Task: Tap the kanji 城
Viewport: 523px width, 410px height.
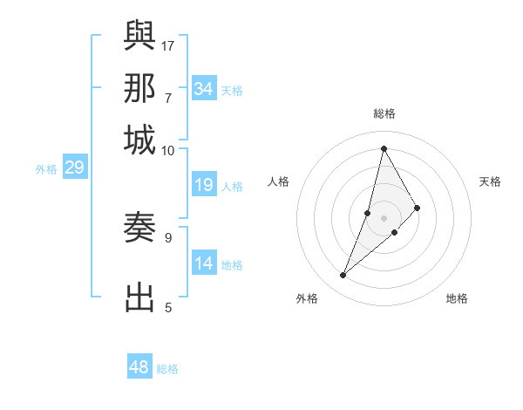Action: click(140, 140)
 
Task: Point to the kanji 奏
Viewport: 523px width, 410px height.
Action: click(140, 229)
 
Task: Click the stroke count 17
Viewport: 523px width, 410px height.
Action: click(168, 44)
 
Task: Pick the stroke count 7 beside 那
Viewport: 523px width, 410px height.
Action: click(168, 98)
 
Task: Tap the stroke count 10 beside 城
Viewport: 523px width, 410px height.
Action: click(168, 151)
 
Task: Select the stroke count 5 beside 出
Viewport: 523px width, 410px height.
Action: click(168, 307)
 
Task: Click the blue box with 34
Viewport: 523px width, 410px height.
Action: click(204, 89)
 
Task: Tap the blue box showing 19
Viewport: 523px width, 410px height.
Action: click(204, 185)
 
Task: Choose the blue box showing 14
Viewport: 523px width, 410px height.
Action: click(204, 264)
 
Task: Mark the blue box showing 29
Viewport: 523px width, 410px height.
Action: click(74, 168)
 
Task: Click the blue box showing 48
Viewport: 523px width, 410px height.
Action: click(139, 367)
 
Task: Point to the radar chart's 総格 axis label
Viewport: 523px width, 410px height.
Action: click(384, 113)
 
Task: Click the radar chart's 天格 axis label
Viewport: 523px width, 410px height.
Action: click(490, 181)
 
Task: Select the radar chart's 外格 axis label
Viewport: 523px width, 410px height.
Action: click(307, 298)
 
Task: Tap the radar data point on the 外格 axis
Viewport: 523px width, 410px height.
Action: click(343, 276)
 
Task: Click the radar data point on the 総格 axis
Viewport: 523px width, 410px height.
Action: click(384, 148)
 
